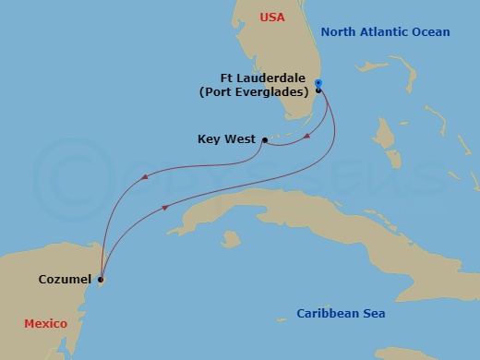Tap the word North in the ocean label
[338, 32]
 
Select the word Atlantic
[389, 32]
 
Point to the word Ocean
[431, 32]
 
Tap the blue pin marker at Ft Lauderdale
[318, 83]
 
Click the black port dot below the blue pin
[318, 91]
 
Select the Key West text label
[227, 140]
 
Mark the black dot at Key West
[264, 140]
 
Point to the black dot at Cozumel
[101, 279]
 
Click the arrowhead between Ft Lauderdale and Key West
[306, 139]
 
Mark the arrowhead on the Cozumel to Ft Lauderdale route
[165, 208]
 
